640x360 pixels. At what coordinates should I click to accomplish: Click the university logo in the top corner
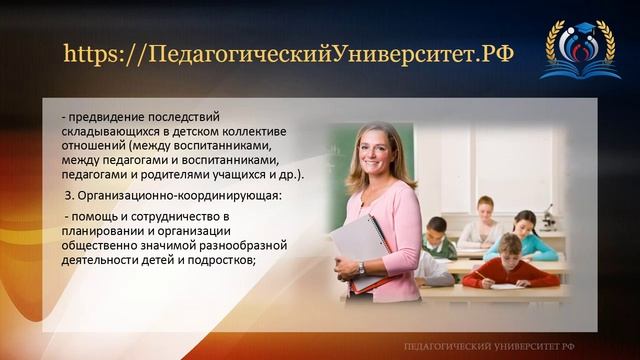(579, 50)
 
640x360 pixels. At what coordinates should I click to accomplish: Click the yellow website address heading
(288, 53)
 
